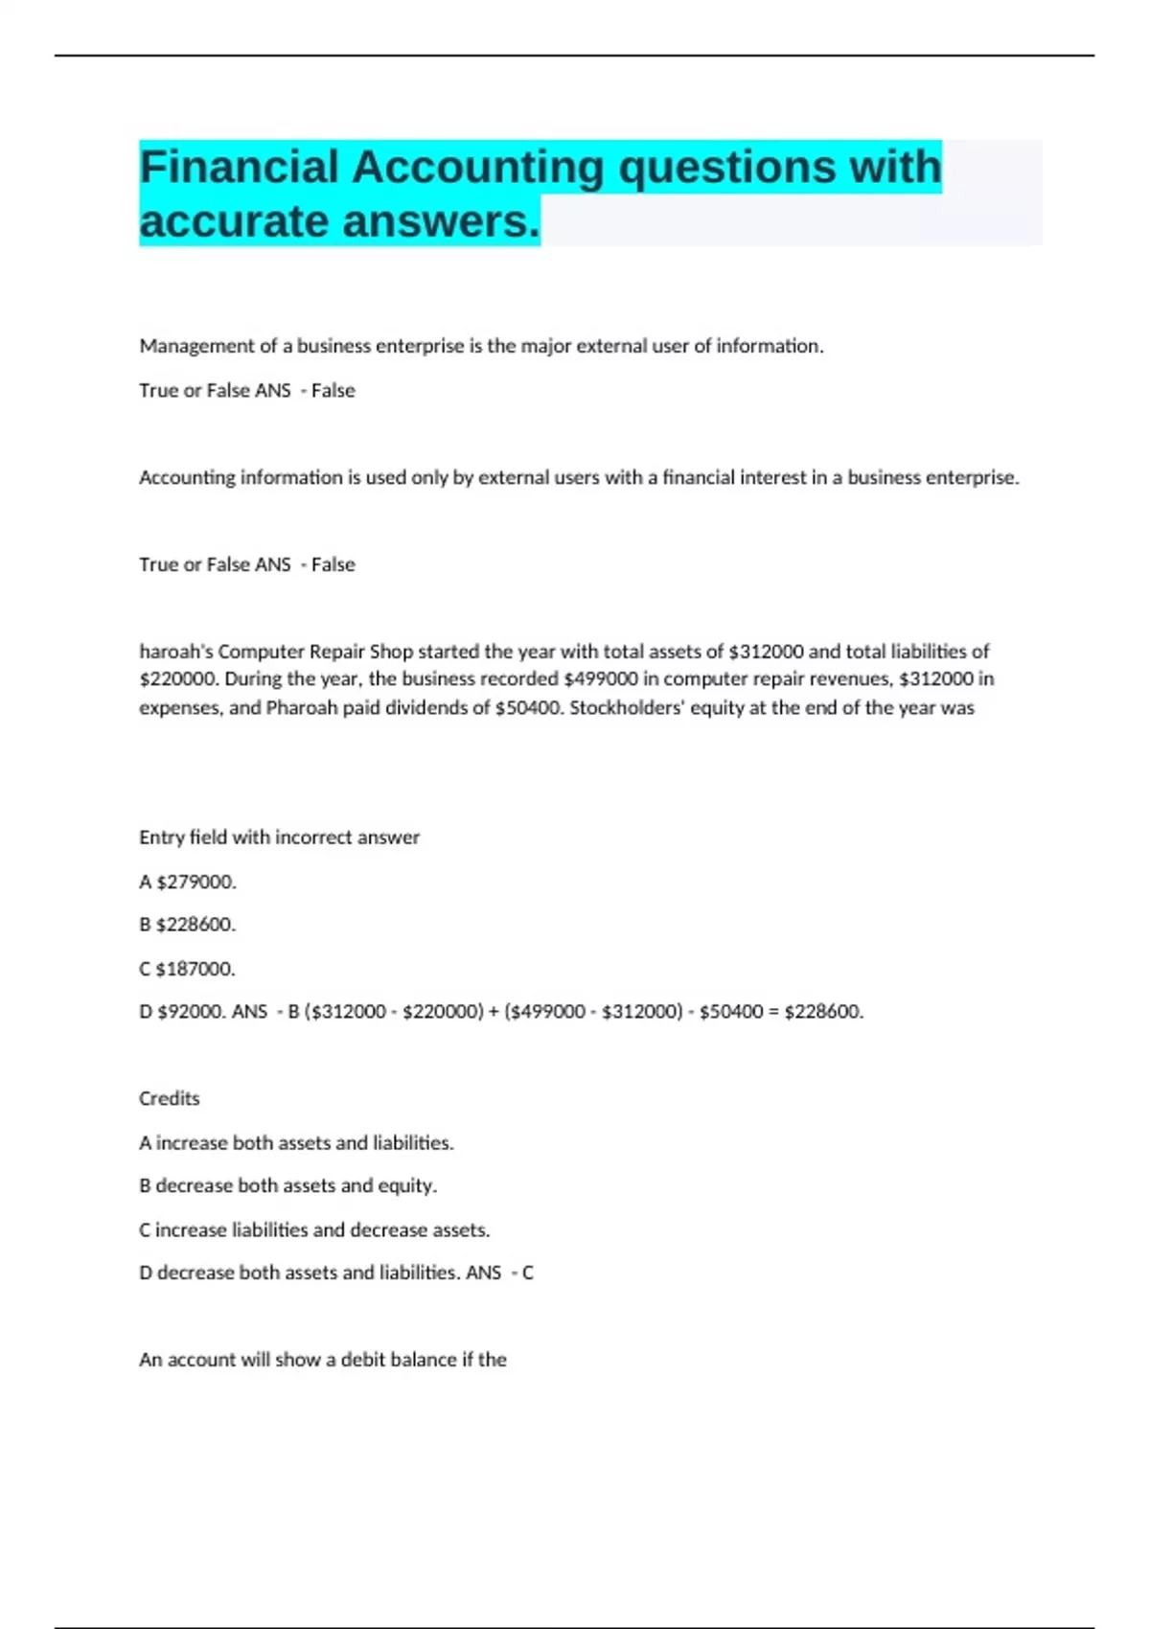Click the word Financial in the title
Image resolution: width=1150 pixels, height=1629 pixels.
click(x=239, y=168)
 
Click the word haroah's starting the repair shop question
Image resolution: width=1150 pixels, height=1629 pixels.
click(x=175, y=652)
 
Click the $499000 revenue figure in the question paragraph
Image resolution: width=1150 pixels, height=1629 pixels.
click(x=600, y=679)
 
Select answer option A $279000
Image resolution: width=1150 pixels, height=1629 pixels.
click(x=188, y=882)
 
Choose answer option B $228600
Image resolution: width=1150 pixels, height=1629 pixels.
click(x=188, y=925)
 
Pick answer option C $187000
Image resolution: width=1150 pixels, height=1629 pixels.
click(x=188, y=969)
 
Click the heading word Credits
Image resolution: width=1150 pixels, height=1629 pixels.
click(x=170, y=1099)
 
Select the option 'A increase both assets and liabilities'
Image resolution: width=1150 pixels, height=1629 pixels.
click(x=296, y=1143)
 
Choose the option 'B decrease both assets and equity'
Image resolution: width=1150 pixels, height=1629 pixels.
click(x=287, y=1186)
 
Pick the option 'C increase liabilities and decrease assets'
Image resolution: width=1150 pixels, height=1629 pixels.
click(x=314, y=1230)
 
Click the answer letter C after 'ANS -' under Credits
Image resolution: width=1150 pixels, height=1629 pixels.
click(x=527, y=1273)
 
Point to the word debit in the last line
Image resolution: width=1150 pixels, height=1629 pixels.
click(x=364, y=1360)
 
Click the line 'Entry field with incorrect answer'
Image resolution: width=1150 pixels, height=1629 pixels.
click(x=279, y=837)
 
